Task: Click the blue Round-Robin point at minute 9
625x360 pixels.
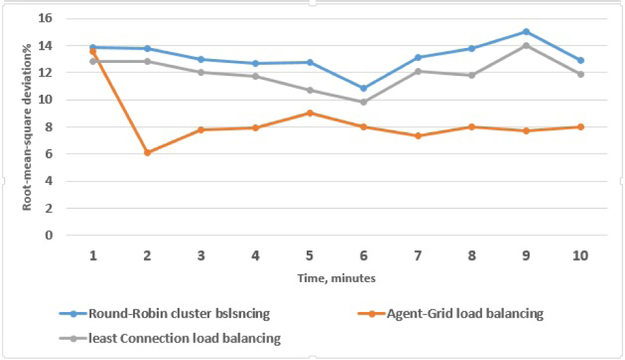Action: (x=526, y=32)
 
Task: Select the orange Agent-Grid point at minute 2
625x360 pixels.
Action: (x=147, y=152)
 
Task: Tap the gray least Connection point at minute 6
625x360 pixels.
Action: (x=364, y=102)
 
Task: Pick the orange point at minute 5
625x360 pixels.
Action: (x=310, y=113)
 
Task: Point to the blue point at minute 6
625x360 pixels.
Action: (x=364, y=88)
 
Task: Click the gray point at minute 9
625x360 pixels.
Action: (x=526, y=45)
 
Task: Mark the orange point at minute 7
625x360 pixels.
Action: (x=418, y=136)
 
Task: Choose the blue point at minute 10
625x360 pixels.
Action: (x=580, y=60)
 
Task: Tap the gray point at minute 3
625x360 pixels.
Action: (x=202, y=72)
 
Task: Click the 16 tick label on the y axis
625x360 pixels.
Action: (x=44, y=19)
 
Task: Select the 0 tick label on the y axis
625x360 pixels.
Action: (x=48, y=235)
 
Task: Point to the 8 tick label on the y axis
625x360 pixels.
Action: (x=48, y=127)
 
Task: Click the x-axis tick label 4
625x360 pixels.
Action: (x=255, y=256)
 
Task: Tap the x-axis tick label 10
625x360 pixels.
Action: (x=580, y=256)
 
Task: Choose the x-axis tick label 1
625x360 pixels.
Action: (x=93, y=256)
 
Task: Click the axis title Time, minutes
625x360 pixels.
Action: (x=336, y=278)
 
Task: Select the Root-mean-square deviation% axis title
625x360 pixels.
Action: (x=28, y=127)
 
